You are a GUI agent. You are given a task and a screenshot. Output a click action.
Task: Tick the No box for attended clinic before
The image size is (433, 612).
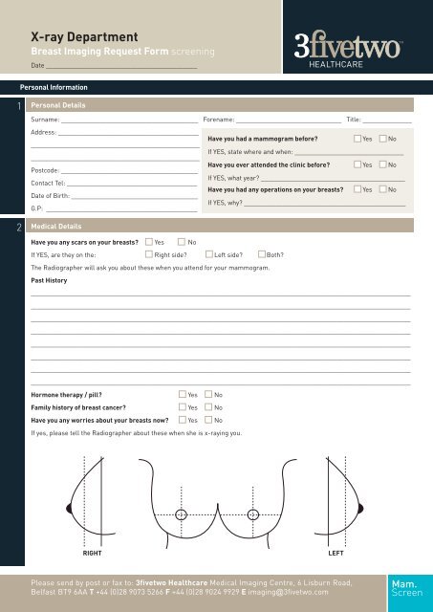coord(382,164)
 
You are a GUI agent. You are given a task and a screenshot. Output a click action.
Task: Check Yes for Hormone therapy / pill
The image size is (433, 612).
coord(182,394)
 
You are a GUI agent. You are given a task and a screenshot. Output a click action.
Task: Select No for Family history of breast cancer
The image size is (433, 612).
coord(207,406)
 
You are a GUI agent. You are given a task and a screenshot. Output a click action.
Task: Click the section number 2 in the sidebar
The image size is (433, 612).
coord(9,229)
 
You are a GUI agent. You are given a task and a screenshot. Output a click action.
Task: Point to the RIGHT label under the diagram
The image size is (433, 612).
coord(92,553)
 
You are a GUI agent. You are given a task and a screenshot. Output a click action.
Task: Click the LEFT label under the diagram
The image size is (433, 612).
coord(336,553)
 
